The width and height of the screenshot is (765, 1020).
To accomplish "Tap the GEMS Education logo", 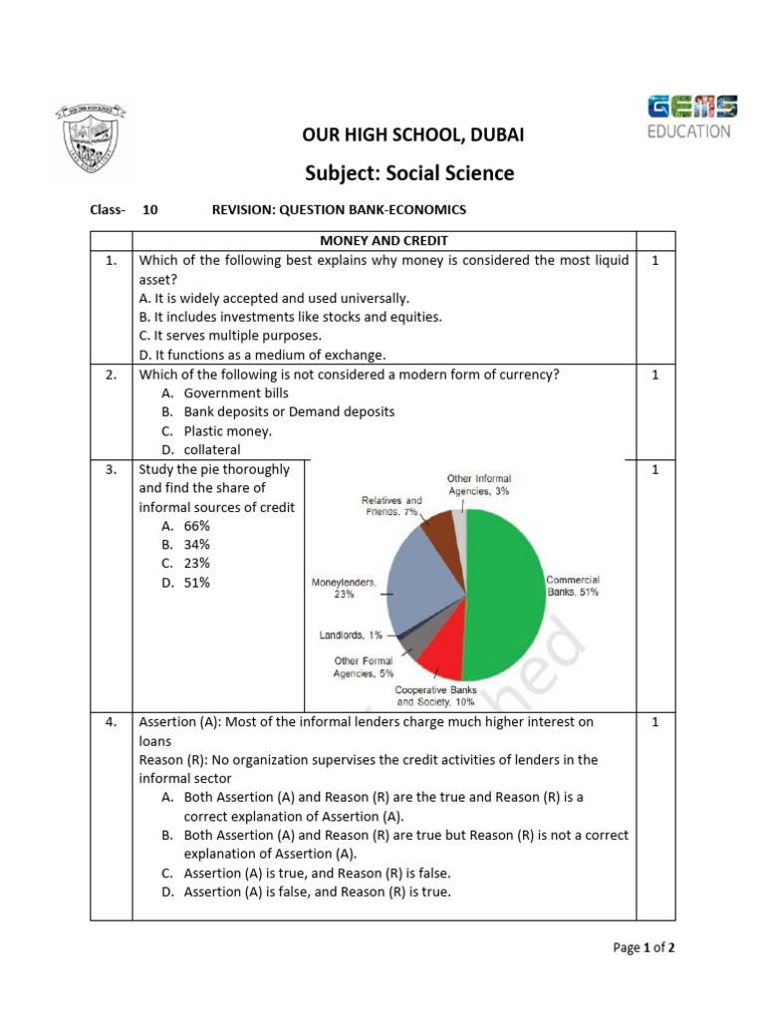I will [692, 117].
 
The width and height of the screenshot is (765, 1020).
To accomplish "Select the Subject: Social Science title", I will [409, 172].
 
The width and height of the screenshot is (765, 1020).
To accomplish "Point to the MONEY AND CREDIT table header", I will [383, 241].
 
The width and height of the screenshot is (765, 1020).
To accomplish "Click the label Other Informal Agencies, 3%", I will [479, 484].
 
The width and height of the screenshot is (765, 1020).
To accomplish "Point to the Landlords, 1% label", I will [351, 635].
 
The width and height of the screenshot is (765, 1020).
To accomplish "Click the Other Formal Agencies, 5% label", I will [364, 666].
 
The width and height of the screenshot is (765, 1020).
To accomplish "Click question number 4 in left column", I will [112, 722].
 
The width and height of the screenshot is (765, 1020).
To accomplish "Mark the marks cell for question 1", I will [654, 261].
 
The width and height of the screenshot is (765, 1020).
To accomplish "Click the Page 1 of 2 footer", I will [643, 947].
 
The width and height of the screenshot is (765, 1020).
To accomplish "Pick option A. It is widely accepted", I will [274, 298].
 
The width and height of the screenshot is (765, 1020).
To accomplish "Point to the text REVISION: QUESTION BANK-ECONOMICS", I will [339, 210].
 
